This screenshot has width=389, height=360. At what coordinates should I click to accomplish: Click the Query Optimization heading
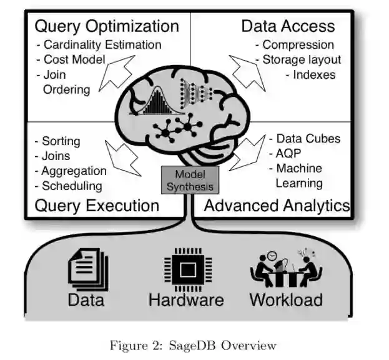(x=107, y=26)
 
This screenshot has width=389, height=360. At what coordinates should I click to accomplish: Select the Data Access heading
(x=288, y=26)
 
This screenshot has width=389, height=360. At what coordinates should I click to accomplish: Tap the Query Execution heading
(x=97, y=206)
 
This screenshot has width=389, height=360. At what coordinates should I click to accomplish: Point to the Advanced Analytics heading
(x=277, y=206)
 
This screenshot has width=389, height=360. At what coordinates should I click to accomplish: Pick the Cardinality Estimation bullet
(x=99, y=44)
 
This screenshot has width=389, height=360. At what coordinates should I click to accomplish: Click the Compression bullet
(x=294, y=44)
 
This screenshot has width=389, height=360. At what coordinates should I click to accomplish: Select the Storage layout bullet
(x=298, y=60)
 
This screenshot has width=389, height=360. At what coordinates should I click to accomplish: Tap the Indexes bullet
(x=310, y=75)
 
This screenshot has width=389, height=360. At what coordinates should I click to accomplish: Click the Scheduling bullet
(x=68, y=186)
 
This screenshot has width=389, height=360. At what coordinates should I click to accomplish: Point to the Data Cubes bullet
(x=304, y=138)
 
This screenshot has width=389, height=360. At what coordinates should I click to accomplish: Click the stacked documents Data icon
(x=87, y=269)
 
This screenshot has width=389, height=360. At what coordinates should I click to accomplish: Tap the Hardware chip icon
(x=185, y=269)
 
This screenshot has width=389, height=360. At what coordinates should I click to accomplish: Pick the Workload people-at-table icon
(x=285, y=269)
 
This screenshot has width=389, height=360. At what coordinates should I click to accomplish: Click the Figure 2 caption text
(x=193, y=345)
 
